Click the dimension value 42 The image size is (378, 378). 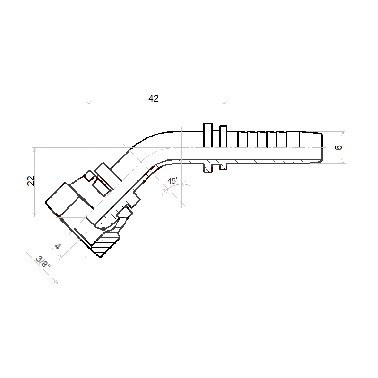coord(154,98)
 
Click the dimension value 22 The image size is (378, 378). coord(31,181)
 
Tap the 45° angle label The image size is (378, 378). coord(173,180)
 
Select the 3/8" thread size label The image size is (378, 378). coord(43,262)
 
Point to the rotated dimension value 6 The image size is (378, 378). coord(339,147)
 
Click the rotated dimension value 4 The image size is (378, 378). coord(58,247)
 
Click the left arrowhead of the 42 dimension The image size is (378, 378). coord(88,103)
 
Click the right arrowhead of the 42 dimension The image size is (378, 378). coord(225,103)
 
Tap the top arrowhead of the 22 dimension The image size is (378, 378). coord(35,150)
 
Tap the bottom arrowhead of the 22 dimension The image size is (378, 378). coord(35,215)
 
